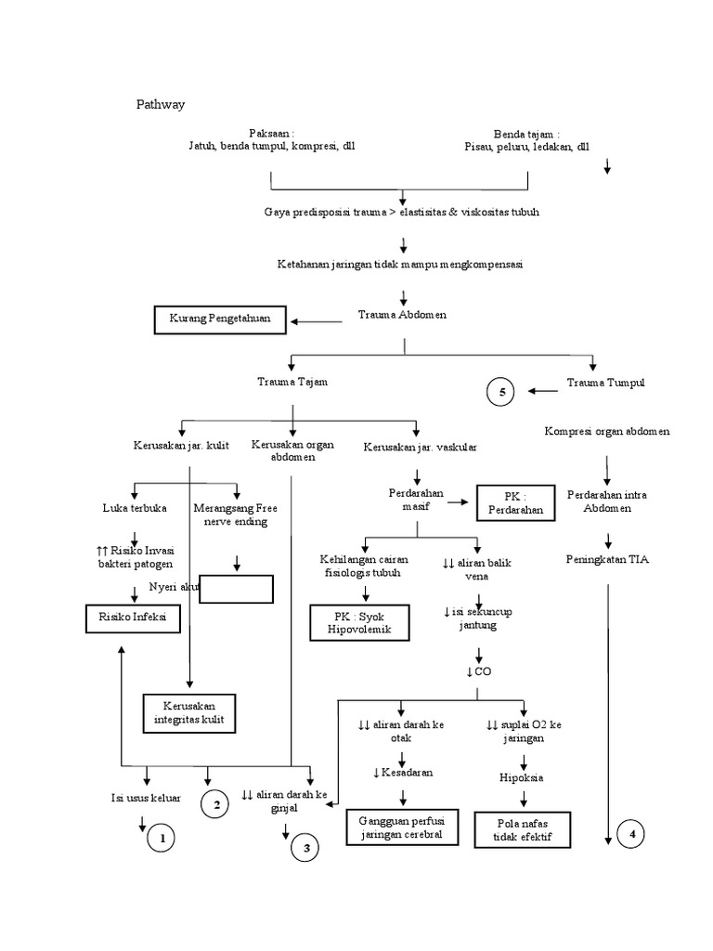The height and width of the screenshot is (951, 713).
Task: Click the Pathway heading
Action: (162, 104)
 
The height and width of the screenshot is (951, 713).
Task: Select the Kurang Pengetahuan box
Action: (219, 319)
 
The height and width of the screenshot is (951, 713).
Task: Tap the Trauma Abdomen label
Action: (402, 315)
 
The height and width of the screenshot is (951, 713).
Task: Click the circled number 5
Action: (502, 393)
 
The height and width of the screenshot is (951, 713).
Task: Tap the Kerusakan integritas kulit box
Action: (190, 712)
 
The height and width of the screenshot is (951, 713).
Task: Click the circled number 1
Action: (162, 840)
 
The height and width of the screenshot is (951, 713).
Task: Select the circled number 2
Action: (215, 805)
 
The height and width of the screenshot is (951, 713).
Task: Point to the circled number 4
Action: (632, 835)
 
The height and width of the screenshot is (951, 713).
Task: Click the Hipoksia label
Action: (520, 777)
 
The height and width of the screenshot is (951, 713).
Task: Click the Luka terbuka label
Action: (136, 508)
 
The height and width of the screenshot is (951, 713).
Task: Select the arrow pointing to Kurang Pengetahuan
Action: (317, 321)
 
